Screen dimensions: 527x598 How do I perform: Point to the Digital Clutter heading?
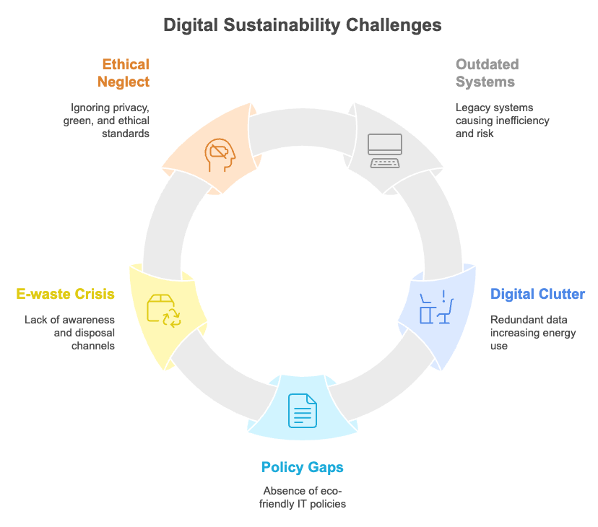coord(537,294)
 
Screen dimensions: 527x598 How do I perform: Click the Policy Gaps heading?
coord(302,467)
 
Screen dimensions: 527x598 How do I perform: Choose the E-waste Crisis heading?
coord(65,294)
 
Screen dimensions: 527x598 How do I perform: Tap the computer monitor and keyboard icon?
coord(384,150)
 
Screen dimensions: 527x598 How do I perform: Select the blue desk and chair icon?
coord(435,306)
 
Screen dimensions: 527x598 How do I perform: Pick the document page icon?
coord(303,410)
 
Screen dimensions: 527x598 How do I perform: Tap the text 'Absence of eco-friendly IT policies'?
coord(303,497)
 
